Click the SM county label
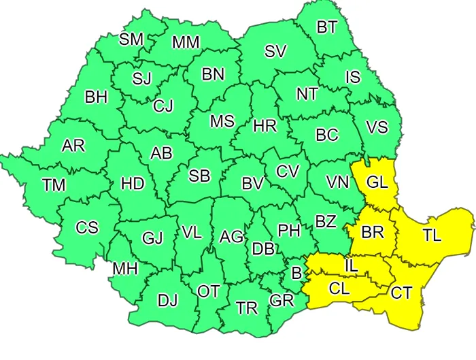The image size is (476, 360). [x=131, y=39]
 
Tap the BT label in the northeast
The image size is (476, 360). [x=327, y=27]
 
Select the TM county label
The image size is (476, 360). [x=54, y=185]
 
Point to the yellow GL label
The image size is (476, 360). [x=378, y=182]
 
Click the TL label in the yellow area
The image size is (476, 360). [x=431, y=236]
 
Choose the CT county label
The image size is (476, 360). [x=401, y=293]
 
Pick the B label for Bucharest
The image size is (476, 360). [x=296, y=273]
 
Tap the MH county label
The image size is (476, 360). [x=125, y=269]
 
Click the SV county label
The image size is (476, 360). [x=275, y=52]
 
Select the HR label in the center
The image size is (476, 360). [x=264, y=126]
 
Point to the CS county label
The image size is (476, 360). [x=87, y=227]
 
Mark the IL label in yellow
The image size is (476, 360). [x=351, y=263]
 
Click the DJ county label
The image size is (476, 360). [x=168, y=299]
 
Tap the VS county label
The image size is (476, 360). [x=377, y=127]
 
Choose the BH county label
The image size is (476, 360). [x=96, y=97]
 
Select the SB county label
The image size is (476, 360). [x=199, y=176]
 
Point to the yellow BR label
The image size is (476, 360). [x=373, y=232]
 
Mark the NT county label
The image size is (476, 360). [x=307, y=94]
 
